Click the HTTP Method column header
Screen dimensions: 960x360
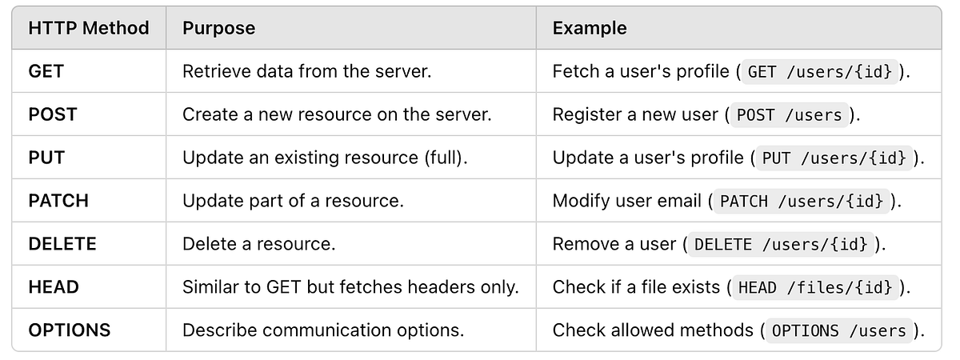(x=89, y=28)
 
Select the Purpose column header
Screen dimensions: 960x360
(x=218, y=28)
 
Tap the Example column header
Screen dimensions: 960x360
(x=590, y=28)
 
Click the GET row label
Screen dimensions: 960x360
(x=46, y=71)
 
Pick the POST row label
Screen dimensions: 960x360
(x=53, y=114)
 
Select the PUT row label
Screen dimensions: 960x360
(x=46, y=158)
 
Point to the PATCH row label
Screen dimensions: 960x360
(x=58, y=201)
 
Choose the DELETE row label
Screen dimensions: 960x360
(x=62, y=244)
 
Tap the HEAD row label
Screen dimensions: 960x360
(x=54, y=287)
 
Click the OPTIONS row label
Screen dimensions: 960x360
(x=70, y=330)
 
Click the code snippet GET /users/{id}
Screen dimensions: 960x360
(x=819, y=71)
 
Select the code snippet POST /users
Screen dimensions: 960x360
(x=789, y=115)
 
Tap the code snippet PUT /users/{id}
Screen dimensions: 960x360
(x=834, y=158)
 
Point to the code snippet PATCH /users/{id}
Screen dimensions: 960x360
(x=802, y=201)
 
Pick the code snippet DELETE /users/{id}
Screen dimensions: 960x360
(x=781, y=244)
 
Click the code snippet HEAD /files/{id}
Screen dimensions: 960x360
(x=815, y=287)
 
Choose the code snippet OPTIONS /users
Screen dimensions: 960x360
(x=838, y=331)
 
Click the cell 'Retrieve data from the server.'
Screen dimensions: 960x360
(x=307, y=71)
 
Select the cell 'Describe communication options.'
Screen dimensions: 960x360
(x=323, y=330)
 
